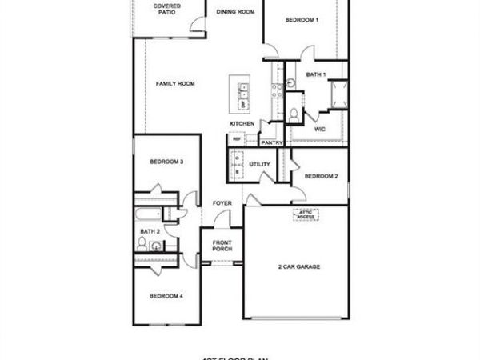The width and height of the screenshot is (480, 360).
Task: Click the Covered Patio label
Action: click(x=167, y=9)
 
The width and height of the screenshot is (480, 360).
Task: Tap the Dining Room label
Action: click(x=236, y=12)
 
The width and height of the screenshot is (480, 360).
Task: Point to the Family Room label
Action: click(x=175, y=84)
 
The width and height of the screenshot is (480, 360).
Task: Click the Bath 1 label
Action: click(x=316, y=74)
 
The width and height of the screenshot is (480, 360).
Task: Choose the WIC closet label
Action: click(x=319, y=128)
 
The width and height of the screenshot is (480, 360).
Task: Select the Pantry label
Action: click(x=272, y=143)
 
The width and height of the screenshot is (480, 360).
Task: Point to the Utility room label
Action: click(x=259, y=164)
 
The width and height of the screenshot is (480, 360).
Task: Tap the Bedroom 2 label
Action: click(x=321, y=175)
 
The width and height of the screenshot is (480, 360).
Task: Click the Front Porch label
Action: click(x=222, y=246)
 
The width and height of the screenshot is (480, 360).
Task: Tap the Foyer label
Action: click(x=222, y=203)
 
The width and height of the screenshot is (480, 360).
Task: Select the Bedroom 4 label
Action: click(x=166, y=296)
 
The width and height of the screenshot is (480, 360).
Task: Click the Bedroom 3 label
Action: click(x=166, y=162)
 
